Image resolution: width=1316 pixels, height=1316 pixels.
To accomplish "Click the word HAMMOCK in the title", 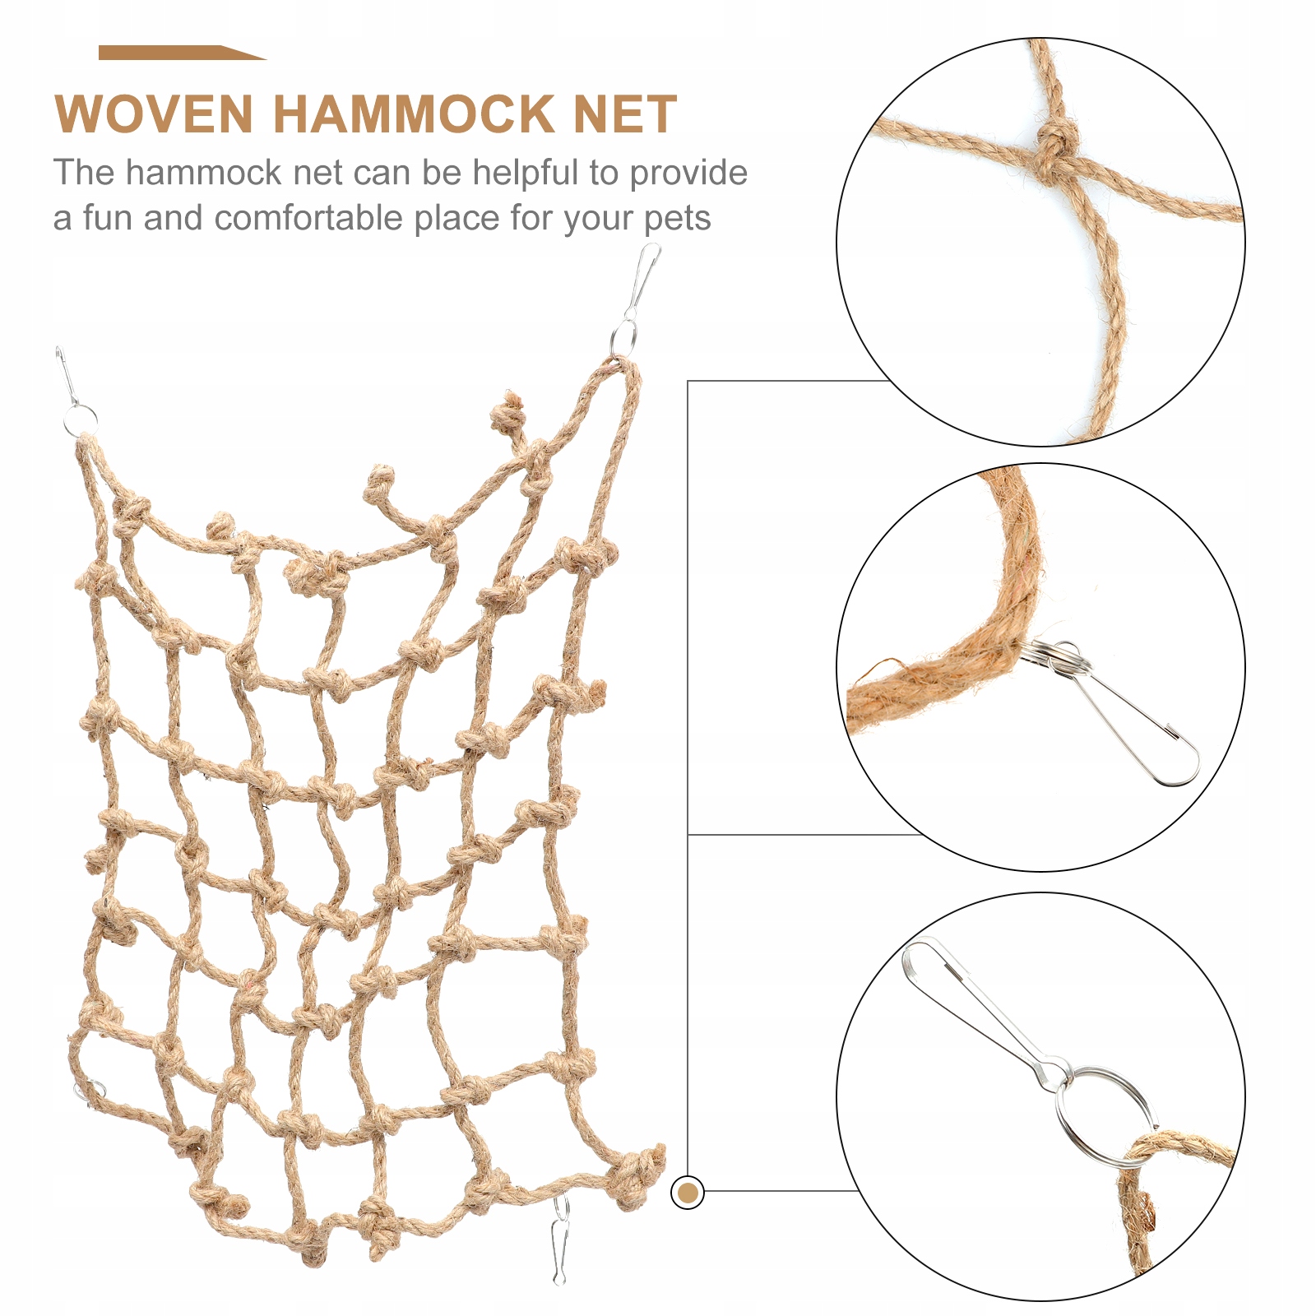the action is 415,114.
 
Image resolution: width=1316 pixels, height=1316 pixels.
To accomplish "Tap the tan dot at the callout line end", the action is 688,1192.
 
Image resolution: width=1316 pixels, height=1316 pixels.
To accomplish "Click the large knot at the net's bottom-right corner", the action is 637,1172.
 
